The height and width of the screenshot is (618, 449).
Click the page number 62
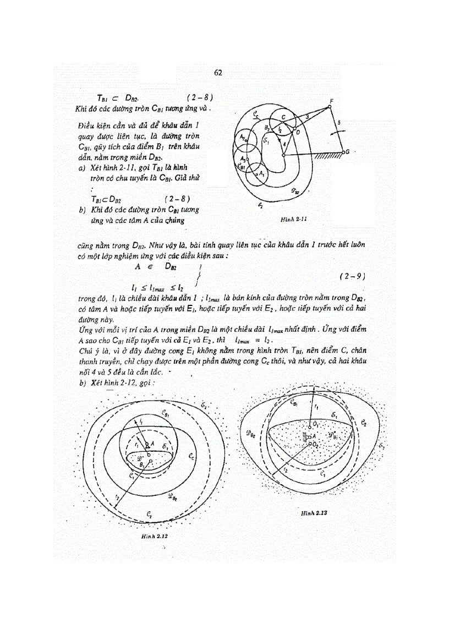point(218,73)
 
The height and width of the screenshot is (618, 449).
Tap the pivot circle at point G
point(343,152)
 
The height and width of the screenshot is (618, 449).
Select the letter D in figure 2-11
point(297,133)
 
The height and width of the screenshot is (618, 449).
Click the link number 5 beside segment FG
point(340,122)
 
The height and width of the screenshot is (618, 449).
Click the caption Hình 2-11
point(293,219)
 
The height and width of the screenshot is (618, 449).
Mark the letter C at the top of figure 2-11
point(283,117)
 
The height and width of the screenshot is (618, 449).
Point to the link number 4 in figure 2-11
point(284,145)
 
